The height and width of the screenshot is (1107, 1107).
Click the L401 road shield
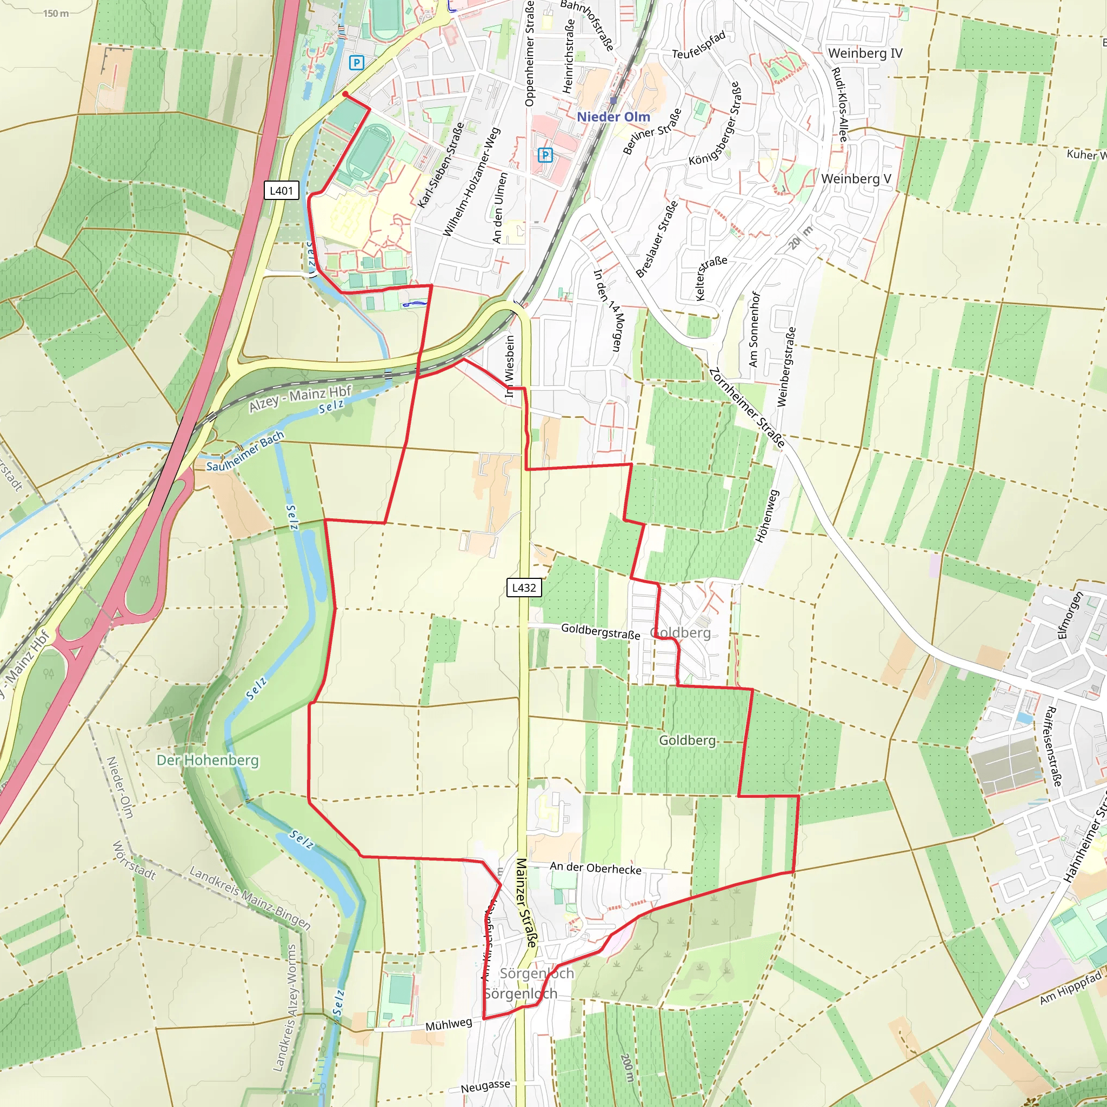tap(281, 190)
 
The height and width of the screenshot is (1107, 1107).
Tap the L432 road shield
tap(524, 588)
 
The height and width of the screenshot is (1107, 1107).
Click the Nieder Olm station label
tap(613, 117)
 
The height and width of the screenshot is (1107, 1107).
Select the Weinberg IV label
tap(865, 54)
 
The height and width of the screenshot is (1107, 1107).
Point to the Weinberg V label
tap(856, 179)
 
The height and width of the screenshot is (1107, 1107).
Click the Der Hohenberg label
tap(208, 761)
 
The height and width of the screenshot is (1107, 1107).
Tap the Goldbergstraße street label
tap(600, 631)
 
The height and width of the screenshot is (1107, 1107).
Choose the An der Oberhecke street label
tap(595, 868)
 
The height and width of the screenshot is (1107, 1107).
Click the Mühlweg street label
tap(449, 1024)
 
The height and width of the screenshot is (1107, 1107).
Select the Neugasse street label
tap(485, 1086)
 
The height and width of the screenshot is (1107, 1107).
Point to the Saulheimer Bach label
tap(245, 451)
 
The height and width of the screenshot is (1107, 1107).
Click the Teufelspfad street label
tap(698, 45)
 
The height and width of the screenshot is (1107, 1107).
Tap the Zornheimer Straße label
tap(747, 408)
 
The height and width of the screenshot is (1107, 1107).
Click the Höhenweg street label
tap(767, 516)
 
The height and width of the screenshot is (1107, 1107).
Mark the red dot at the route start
tap(345, 94)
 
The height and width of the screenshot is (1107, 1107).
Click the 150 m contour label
tap(56, 13)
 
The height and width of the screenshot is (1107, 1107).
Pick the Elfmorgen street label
tap(1070, 616)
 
